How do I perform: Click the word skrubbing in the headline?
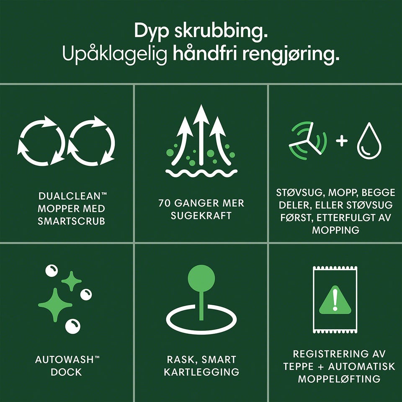(x=221, y=31)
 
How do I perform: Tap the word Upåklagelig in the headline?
(x=115, y=54)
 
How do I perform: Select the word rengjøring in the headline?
(x=291, y=54)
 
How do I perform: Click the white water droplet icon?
(x=369, y=141)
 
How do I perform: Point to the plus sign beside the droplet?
(x=342, y=141)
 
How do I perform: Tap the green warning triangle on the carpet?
(x=335, y=300)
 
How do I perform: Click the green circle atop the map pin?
(x=201, y=278)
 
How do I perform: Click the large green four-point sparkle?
(x=55, y=305)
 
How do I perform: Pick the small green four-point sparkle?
(x=72, y=281)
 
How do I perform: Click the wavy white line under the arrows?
(x=201, y=173)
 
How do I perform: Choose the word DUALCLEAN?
(x=69, y=196)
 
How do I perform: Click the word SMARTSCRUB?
(x=72, y=221)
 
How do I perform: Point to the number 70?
(x=164, y=203)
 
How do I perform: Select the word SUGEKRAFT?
(x=201, y=216)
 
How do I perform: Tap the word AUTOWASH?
(x=64, y=360)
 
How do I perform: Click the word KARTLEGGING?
(x=201, y=372)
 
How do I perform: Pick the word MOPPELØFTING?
(x=339, y=379)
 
